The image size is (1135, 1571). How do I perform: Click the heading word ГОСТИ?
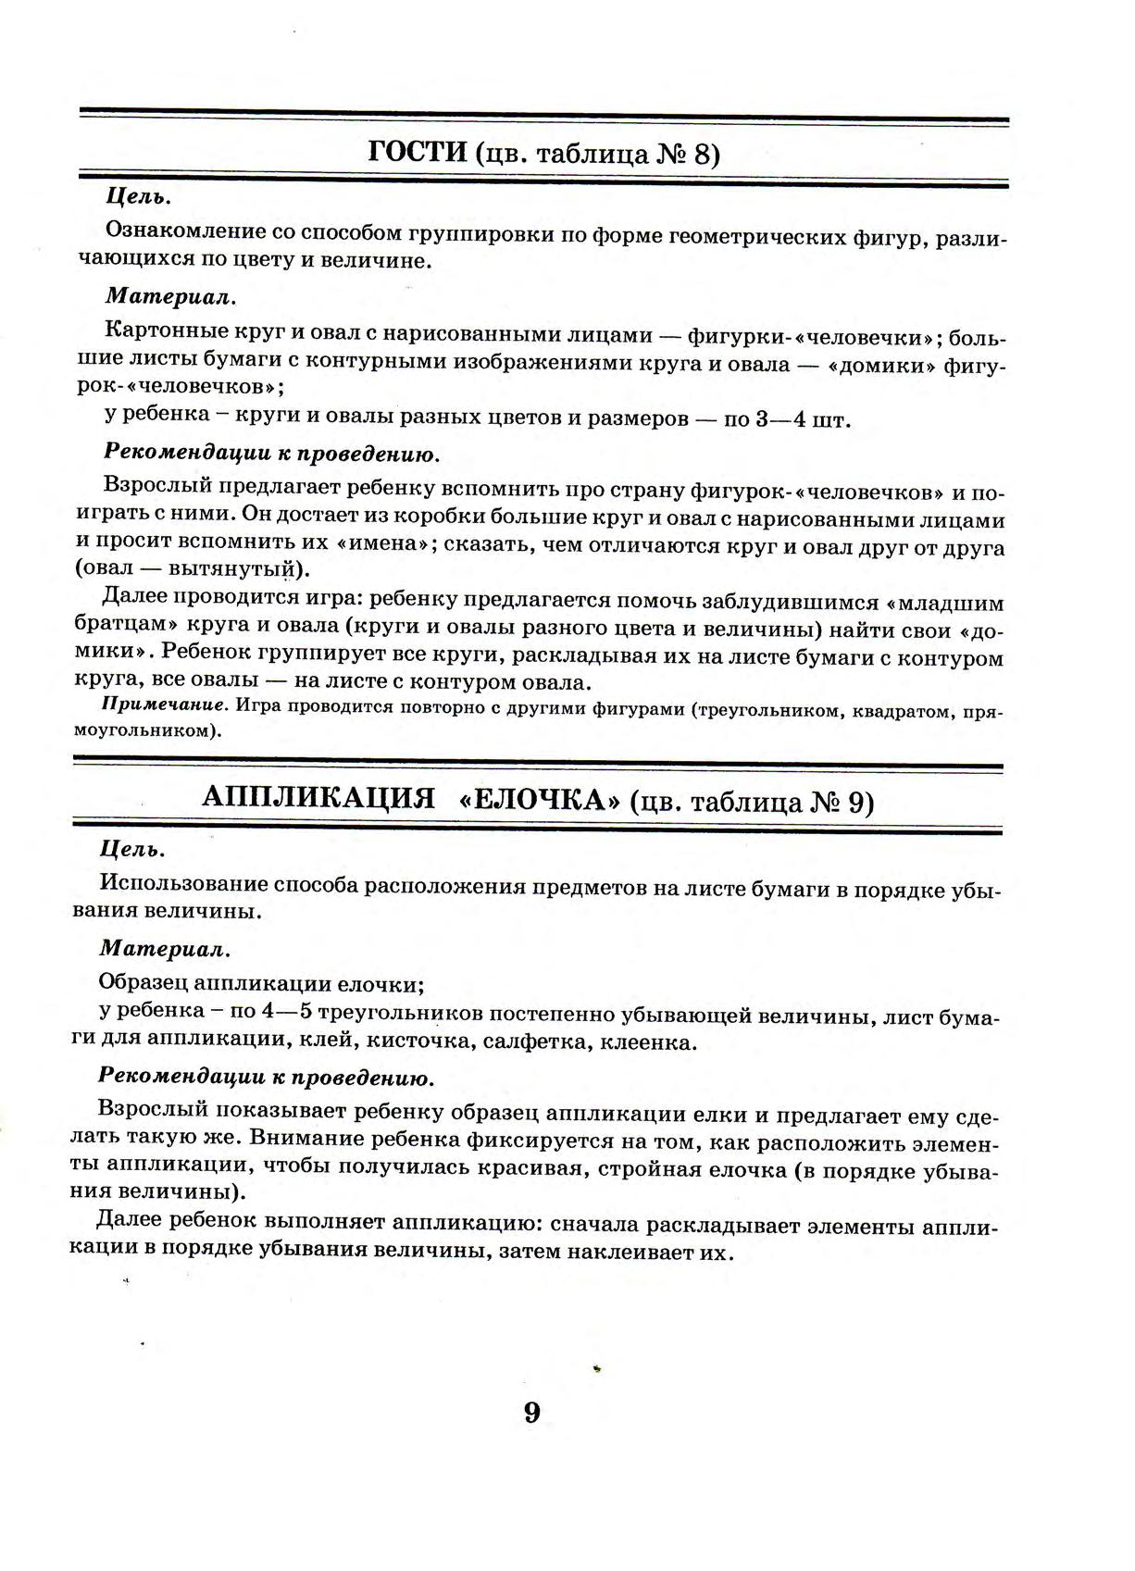tap(418, 152)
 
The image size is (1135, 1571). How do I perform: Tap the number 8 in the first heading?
tap(705, 154)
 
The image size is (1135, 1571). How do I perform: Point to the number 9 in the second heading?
tap(860, 802)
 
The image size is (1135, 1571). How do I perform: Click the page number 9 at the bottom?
tap(531, 1414)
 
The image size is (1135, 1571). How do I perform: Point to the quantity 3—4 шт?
tap(802, 419)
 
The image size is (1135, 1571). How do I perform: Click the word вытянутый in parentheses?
tap(234, 568)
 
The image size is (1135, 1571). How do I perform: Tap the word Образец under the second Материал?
tap(143, 982)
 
